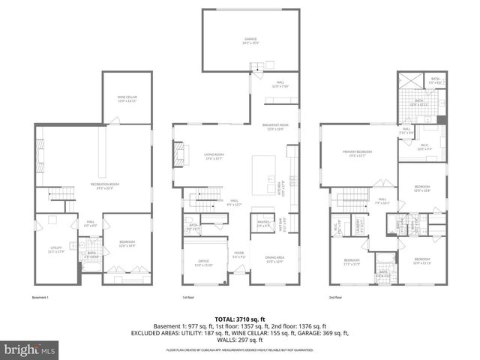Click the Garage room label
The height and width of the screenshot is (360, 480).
coord(250,40)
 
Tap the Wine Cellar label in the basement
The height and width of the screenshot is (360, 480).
coord(127,99)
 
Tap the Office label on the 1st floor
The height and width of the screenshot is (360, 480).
coord(205,262)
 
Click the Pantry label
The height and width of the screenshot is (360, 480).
coord(263,223)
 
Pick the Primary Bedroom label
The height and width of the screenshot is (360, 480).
coord(358,154)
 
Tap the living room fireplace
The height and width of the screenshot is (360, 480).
coord(179,156)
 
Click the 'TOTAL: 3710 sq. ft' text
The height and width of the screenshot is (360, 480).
coord(240,319)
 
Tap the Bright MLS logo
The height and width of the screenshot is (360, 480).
coord(25,349)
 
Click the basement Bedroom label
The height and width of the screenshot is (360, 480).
coord(126,244)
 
